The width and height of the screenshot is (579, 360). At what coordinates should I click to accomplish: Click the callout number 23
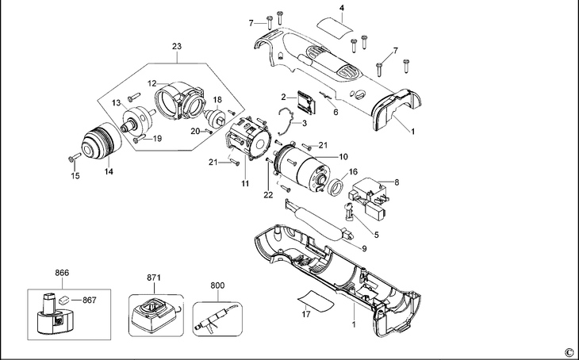tap(177, 47)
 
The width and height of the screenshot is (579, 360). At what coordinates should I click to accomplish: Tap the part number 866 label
tap(62, 273)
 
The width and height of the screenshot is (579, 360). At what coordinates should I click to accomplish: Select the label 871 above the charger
tap(154, 278)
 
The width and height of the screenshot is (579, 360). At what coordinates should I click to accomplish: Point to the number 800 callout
tap(217, 285)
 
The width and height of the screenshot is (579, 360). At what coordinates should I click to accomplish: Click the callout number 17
tap(306, 314)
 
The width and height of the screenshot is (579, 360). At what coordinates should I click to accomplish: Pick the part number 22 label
tap(268, 195)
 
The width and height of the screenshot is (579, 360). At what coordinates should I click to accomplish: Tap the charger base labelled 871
tap(155, 316)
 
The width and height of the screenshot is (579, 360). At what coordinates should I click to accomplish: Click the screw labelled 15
tap(75, 157)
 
